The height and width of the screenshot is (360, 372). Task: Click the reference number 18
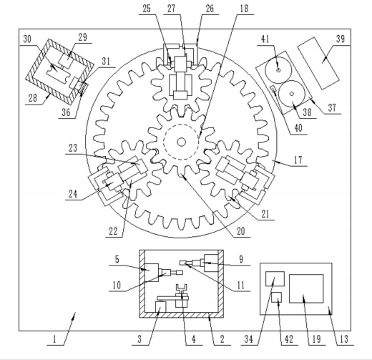pyautogui.click(x=244, y=9)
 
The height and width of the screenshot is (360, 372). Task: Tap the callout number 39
pyautogui.click(x=341, y=39)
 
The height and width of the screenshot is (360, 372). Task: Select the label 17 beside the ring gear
pyautogui.click(x=298, y=160)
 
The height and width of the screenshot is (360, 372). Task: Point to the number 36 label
pyautogui.click(x=66, y=112)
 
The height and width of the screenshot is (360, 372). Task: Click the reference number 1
pyautogui.click(x=54, y=339)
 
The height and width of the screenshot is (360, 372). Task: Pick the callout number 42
pyautogui.click(x=289, y=339)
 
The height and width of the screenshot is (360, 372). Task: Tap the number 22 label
pyautogui.click(x=113, y=231)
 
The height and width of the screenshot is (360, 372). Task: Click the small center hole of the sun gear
pyautogui.click(x=181, y=142)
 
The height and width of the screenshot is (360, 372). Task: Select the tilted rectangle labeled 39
pyautogui.click(x=318, y=63)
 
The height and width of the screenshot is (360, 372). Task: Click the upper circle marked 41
pyautogui.click(x=278, y=70)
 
